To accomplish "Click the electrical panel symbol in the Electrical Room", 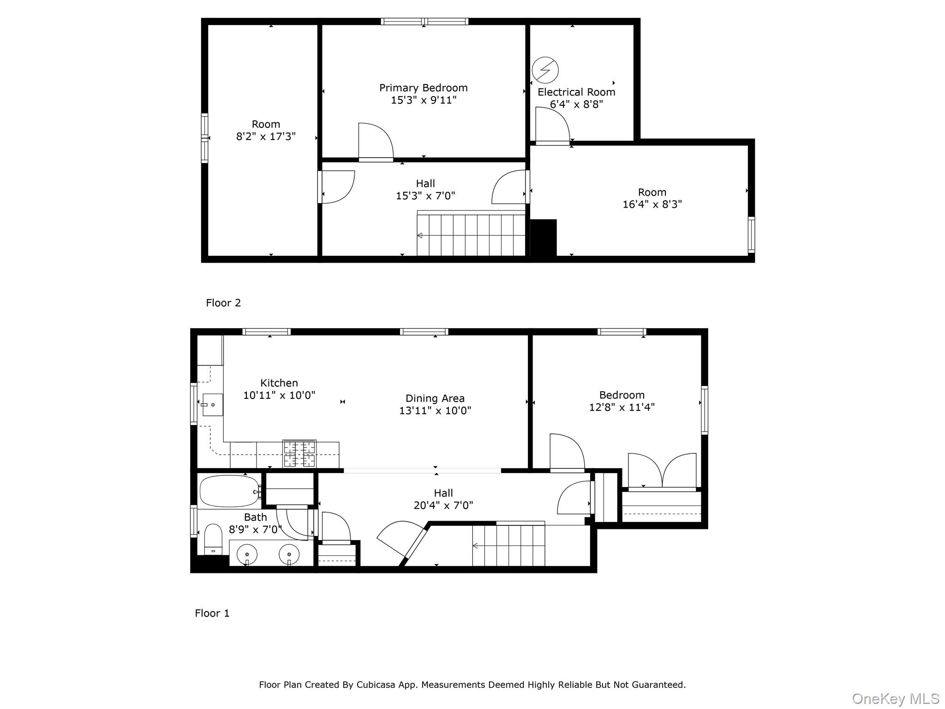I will (545, 70).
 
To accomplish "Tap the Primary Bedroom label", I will (423, 88).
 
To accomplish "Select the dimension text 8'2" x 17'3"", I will (266, 137).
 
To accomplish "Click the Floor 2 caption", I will (223, 303).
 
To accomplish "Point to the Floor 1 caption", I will (212, 613).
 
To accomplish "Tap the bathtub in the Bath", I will (229, 492).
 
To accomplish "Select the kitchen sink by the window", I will (212, 405).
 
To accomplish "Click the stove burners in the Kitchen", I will (299, 454).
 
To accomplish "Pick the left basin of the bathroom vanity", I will (247, 554).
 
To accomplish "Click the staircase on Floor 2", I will (471, 235).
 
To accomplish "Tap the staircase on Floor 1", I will (508, 546).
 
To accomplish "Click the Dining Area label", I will (435, 398).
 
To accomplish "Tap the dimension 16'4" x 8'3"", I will (652, 204).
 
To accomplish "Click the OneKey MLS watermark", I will (895, 699).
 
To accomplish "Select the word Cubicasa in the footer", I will (376, 685).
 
